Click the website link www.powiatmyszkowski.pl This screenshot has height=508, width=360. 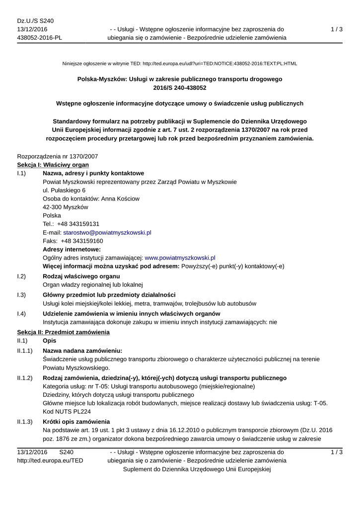pyautogui.click(x=180, y=258)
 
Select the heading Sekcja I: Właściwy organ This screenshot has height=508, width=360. pyautogui.click(x=53, y=165)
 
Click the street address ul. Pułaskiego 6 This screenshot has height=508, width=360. pyautogui.click(x=64, y=190)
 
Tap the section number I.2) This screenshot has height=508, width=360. pyautogui.click(x=21, y=276)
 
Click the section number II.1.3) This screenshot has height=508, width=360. pyautogui.click(x=25, y=421)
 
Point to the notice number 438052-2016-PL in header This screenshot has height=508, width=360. pyautogui.click(x=40, y=38)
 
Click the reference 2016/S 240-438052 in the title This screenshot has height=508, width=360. pyautogui.click(x=180, y=87)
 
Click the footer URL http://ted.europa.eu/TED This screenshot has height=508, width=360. pyautogui.click(x=50, y=460)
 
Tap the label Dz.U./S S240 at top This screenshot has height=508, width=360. pyautogui.click(x=35, y=21)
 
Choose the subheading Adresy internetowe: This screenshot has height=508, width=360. pyautogui.click(x=72, y=250)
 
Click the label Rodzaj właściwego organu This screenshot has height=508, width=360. pyautogui.click(x=81, y=276)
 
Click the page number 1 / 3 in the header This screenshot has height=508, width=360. pyautogui.click(x=337, y=29)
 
